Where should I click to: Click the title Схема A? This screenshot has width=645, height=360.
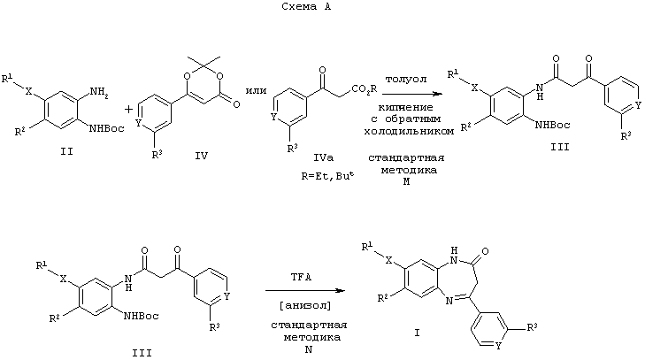(x=306, y=6)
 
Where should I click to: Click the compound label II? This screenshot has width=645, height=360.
(x=66, y=151)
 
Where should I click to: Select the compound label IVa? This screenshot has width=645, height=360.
(x=323, y=157)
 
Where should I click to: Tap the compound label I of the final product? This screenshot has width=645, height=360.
(x=417, y=333)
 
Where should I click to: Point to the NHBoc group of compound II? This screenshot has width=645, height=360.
(x=106, y=129)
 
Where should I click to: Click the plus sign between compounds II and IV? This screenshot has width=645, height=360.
(x=128, y=110)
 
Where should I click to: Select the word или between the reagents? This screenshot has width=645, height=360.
(x=256, y=90)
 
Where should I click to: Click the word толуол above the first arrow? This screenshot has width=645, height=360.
(x=405, y=79)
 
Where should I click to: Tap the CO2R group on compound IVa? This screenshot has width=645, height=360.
(x=364, y=88)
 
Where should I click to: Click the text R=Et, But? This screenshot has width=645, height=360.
(x=327, y=176)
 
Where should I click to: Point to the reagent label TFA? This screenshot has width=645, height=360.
(x=301, y=277)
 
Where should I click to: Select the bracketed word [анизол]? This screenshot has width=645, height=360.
(x=305, y=306)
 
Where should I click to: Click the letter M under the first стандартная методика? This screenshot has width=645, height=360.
(x=406, y=181)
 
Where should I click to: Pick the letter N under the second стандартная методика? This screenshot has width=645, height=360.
(x=308, y=349)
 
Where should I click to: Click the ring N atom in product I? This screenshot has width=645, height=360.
(x=449, y=301)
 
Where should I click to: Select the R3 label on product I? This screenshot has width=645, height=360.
(x=533, y=327)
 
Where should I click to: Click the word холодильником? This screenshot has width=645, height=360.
(x=409, y=131)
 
